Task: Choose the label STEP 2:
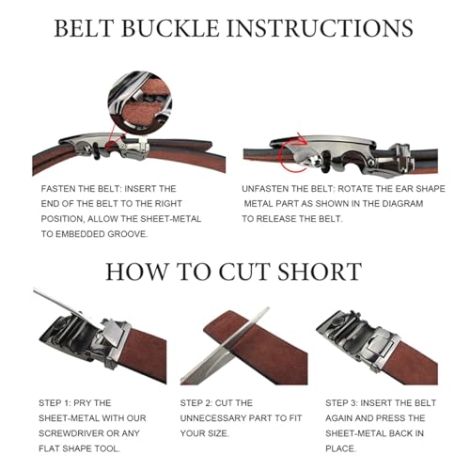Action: pos(200,401)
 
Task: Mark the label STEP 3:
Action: pos(347,401)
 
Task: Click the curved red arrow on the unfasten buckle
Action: pos(299,157)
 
